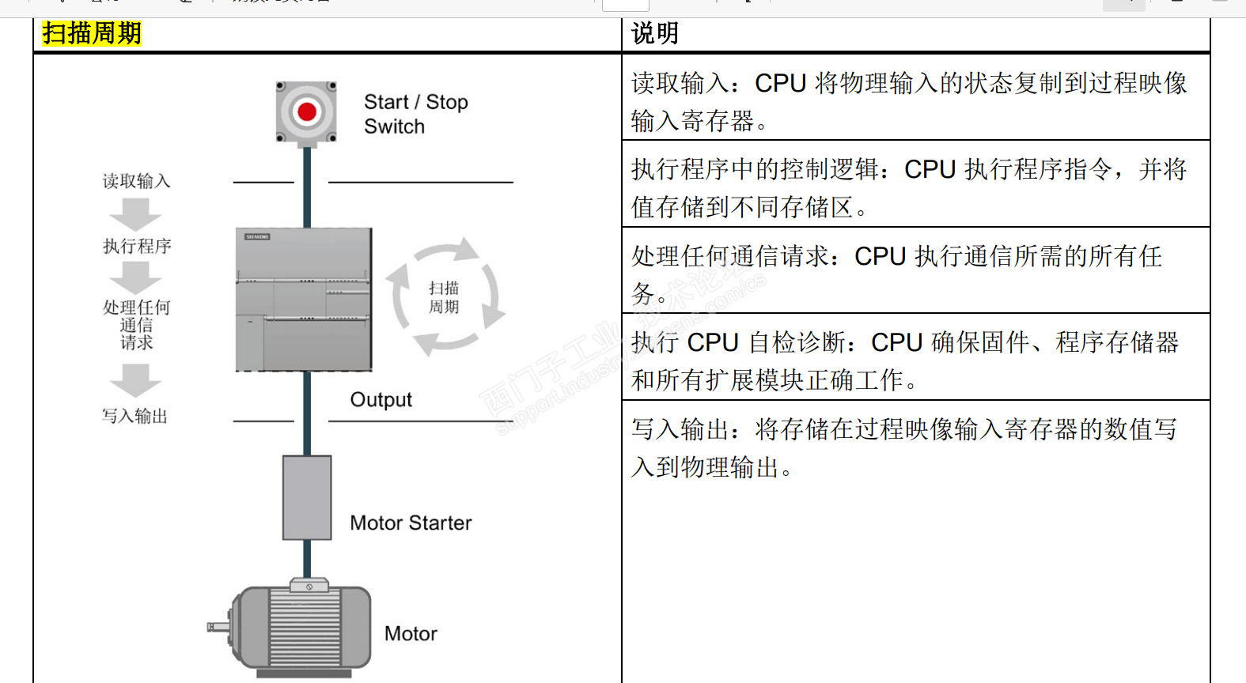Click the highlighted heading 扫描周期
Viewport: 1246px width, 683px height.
point(92,33)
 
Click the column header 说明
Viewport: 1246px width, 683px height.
point(655,33)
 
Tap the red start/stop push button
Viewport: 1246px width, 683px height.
point(307,112)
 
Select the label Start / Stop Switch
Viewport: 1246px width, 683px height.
point(415,114)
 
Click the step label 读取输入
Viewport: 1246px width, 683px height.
point(136,181)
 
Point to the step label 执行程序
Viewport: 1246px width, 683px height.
point(137,246)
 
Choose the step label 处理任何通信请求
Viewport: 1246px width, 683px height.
point(136,324)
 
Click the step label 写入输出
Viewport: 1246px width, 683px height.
point(134,416)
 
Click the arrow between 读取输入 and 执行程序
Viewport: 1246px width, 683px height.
point(135,214)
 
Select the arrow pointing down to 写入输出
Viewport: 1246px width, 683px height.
point(135,380)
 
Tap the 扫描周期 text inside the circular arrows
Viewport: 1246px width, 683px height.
point(444,297)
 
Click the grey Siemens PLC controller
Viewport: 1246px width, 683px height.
point(304,300)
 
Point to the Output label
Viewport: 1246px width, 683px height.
point(381,400)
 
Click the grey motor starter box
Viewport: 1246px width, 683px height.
point(307,497)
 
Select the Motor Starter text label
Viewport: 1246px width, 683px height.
point(411,523)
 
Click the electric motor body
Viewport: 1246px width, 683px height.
point(305,628)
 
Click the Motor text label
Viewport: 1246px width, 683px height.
point(411,634)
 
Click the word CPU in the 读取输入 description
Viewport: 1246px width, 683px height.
point(780,83)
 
